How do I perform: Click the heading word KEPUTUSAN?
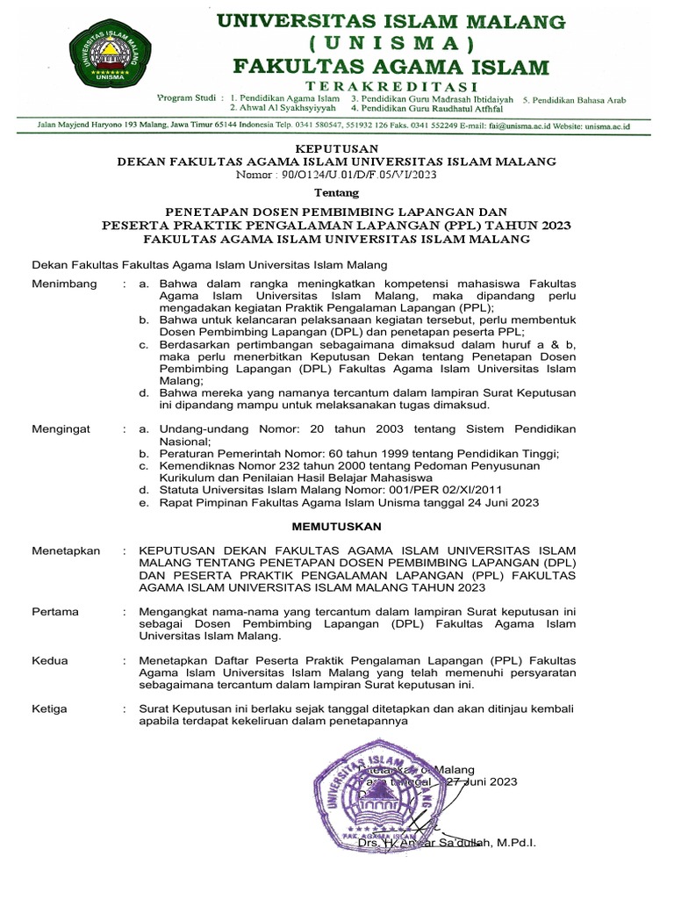[337, 148]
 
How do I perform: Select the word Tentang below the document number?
[337, 192]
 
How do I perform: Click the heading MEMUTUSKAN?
[337, 526]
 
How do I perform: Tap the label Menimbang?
[61, 285]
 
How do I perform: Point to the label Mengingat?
[59, 428]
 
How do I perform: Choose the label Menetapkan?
[66, 550]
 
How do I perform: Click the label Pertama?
[55, 611]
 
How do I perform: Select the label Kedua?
[50, 659]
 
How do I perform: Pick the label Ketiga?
[50, 708]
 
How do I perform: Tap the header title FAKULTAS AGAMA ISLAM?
[391, 66]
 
